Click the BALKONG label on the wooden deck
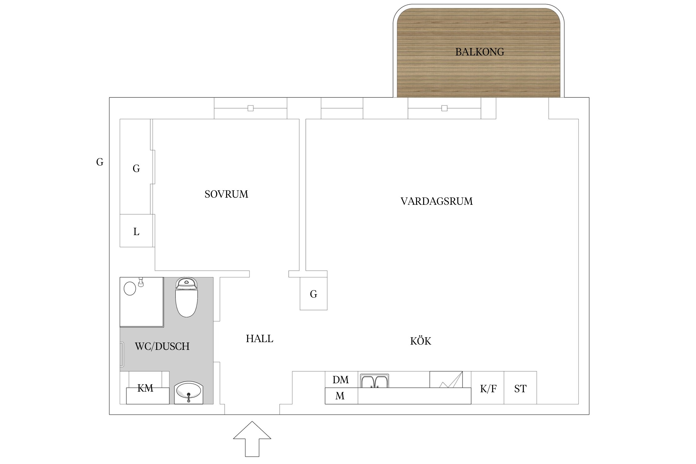(x=479, y=52)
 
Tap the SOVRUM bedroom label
(x=226, y=194)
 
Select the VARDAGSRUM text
(x=436, y=201)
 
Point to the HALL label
(x=260, y=339)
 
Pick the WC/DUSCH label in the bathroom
(x=162, y=346)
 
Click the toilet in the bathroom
(x=187, y=297)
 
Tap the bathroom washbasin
(x=188, y=393)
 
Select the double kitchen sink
(x=374, y=381)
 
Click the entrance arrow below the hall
(x=252, y=439)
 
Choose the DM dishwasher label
(x=341, y=380)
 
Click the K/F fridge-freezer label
(x=488, y=389)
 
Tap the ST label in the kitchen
(x=520, y=389)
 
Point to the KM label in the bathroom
(x=145, y=388)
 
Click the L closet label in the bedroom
(x=136, y=231)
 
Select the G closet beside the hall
(x=314, y=294)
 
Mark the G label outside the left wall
(x=100, y=162)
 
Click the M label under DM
(x=340, y=396)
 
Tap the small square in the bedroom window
(x=251, y=108)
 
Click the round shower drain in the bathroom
(x=130, y=289)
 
